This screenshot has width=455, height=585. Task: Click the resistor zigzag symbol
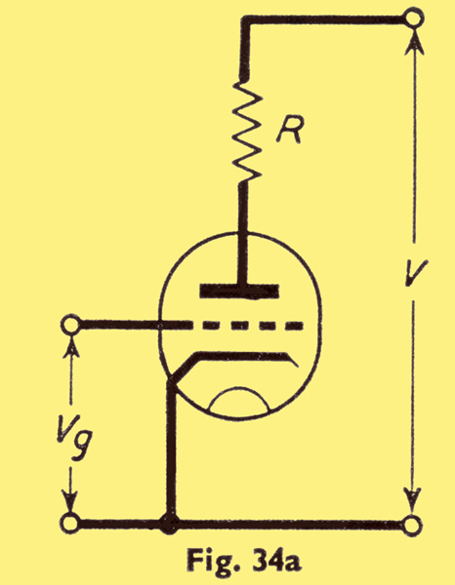coord(246,131)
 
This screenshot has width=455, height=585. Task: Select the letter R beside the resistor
coord(289,131)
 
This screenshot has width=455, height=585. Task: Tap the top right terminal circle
coord(414,18)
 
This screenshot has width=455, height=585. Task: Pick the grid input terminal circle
coord(70,326)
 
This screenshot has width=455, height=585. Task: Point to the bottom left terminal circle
coord(70,524)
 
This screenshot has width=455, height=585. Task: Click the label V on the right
coord(416,273)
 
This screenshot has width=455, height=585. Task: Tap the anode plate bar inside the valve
coord(239,291)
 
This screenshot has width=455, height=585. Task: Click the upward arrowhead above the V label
coord(414,42)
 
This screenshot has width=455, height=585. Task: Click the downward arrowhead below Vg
coord(70,502)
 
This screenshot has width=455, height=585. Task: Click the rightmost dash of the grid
coord(294,326)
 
